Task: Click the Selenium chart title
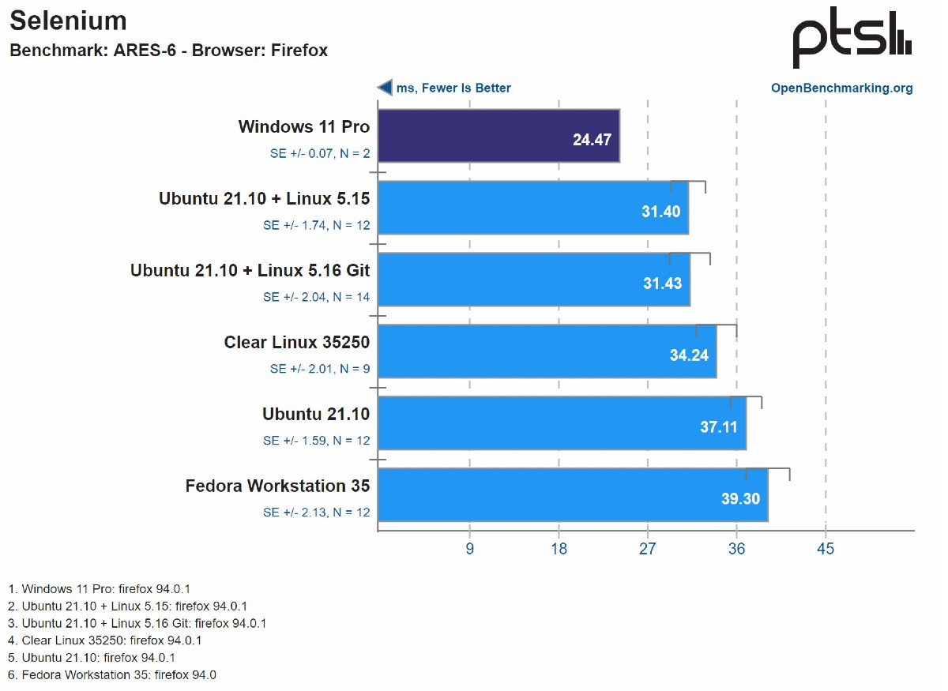pos(68,21)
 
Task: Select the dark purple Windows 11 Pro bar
pos(498,136)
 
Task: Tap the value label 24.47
pos(592,141)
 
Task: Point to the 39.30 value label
pos(740,499)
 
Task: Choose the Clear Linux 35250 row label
pos(297,342)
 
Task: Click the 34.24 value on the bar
pos(689,355)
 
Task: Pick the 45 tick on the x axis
pos(826,548)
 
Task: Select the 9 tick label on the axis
pos(470,548)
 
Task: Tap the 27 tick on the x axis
pos(648,548)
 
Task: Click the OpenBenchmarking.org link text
pos(841,88)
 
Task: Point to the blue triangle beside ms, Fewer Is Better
pos(385,88)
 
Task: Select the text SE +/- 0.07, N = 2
pos(319,154)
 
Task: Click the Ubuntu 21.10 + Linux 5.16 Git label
pos(250,270)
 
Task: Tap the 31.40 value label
pos(661,212)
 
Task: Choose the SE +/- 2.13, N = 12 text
pos(316,513)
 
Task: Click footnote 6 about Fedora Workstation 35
pos(112,674)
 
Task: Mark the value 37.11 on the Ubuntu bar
pos(719,427)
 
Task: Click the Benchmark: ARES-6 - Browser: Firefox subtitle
pos(168,51)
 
